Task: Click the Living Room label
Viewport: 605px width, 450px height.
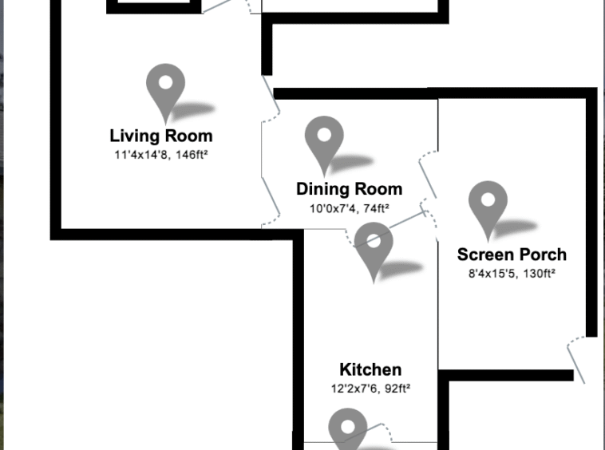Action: (161, 136)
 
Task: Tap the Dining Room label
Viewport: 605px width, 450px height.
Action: (350, 189)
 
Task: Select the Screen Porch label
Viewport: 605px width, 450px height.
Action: (512, 255)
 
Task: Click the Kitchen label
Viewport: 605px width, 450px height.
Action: (370, 369)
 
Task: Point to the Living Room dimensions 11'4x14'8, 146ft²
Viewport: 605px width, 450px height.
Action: (161, 155)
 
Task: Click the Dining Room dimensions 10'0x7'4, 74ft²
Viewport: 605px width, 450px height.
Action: (350, 208)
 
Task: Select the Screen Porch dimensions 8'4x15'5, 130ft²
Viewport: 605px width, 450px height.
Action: (512, 274)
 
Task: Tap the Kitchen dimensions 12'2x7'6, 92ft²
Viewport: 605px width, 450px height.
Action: (370, 389)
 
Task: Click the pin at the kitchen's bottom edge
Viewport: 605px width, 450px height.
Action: (348, 428)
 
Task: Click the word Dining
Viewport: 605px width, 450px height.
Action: (320, 189)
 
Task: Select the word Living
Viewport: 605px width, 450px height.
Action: (134, 136)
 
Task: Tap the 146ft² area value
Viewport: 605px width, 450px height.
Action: (192, 155)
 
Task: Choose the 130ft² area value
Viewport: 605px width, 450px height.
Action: (540, 274)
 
